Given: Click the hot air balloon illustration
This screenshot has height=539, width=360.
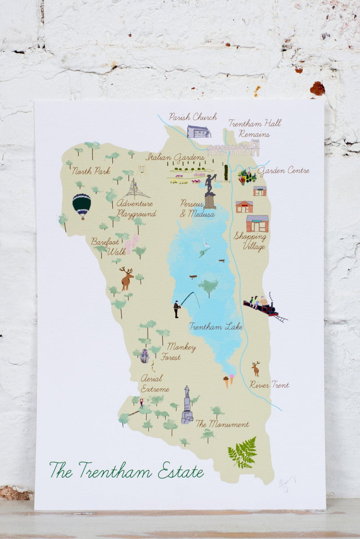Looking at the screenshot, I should [x=82, y=205].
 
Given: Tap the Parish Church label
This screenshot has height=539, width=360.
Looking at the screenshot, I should [x=193, y=117].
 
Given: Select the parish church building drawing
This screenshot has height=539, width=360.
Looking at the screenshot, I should [x=199, y=132].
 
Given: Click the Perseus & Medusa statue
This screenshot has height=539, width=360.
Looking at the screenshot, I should [x=209, y=191].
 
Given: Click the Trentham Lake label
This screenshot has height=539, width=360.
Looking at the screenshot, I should [x=215, y=327].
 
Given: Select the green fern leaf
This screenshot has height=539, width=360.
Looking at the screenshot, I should [x=243, y=452].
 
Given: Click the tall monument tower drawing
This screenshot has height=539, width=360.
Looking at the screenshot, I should [x=187, y=405].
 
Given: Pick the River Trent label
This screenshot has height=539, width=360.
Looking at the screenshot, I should [x=269, y=385].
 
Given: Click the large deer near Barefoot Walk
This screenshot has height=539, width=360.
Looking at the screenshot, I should [x=126, y=278].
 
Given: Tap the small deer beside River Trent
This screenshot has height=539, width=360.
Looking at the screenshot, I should [x=256, y=369].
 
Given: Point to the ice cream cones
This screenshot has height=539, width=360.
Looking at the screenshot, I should [x=229, y=381].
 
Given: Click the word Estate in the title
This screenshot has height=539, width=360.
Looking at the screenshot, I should [x=180, y=471].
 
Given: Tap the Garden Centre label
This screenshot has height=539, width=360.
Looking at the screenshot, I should [x=283, y=171].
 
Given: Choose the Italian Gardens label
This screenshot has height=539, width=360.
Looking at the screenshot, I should [x=175, y=158].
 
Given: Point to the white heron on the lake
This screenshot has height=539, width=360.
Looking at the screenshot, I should [x=206, y=244].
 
